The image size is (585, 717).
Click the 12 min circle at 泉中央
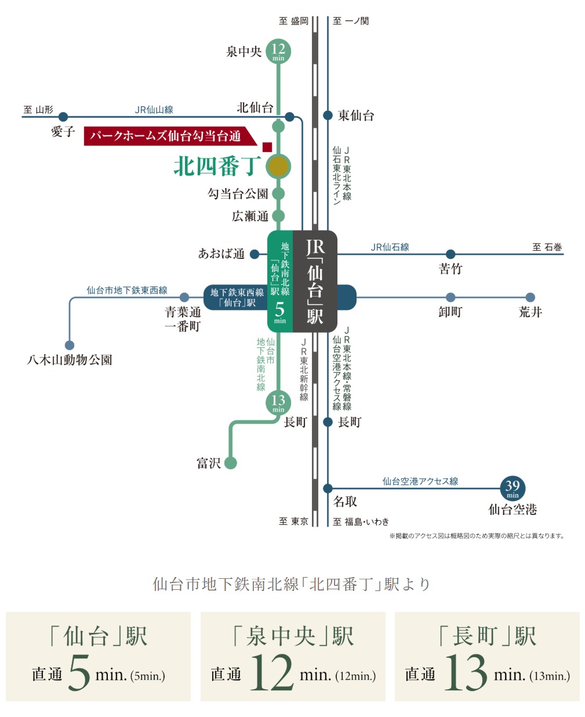coord(278,51)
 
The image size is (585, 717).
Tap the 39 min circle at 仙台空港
coord(512,488)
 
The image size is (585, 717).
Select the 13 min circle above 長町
coord(278,402)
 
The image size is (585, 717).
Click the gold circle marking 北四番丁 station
coord(278,167)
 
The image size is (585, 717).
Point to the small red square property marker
coord(267,147)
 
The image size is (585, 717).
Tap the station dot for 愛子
coord(63,117)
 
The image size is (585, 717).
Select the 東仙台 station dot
coord(328,116)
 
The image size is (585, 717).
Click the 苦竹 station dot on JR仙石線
coord(450,254)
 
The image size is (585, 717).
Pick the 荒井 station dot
coord(530,297)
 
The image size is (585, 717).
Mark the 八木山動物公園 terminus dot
coord(70,345)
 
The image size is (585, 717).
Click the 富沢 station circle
coord(231,463)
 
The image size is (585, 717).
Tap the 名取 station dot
coord(328,488)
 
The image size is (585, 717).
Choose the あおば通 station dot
coord(255,254)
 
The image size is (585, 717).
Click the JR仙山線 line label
coord(154,110)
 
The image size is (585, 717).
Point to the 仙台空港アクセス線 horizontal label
coord(420,481)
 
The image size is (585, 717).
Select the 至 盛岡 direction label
coord(294,21)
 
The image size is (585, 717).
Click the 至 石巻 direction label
coord(547,247)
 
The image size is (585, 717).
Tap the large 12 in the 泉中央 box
coord(271,672)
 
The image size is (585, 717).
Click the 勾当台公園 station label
coord(238,194)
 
